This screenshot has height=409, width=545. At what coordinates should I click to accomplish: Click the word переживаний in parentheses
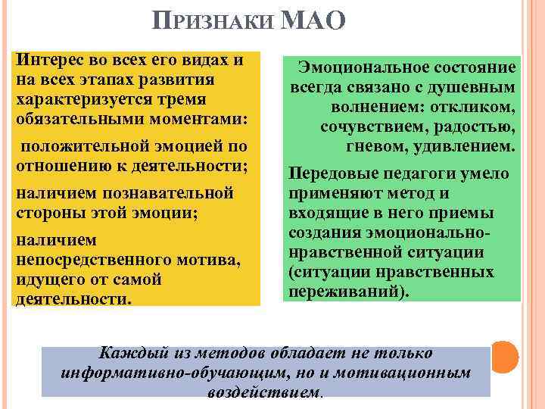tap(345, 291)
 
